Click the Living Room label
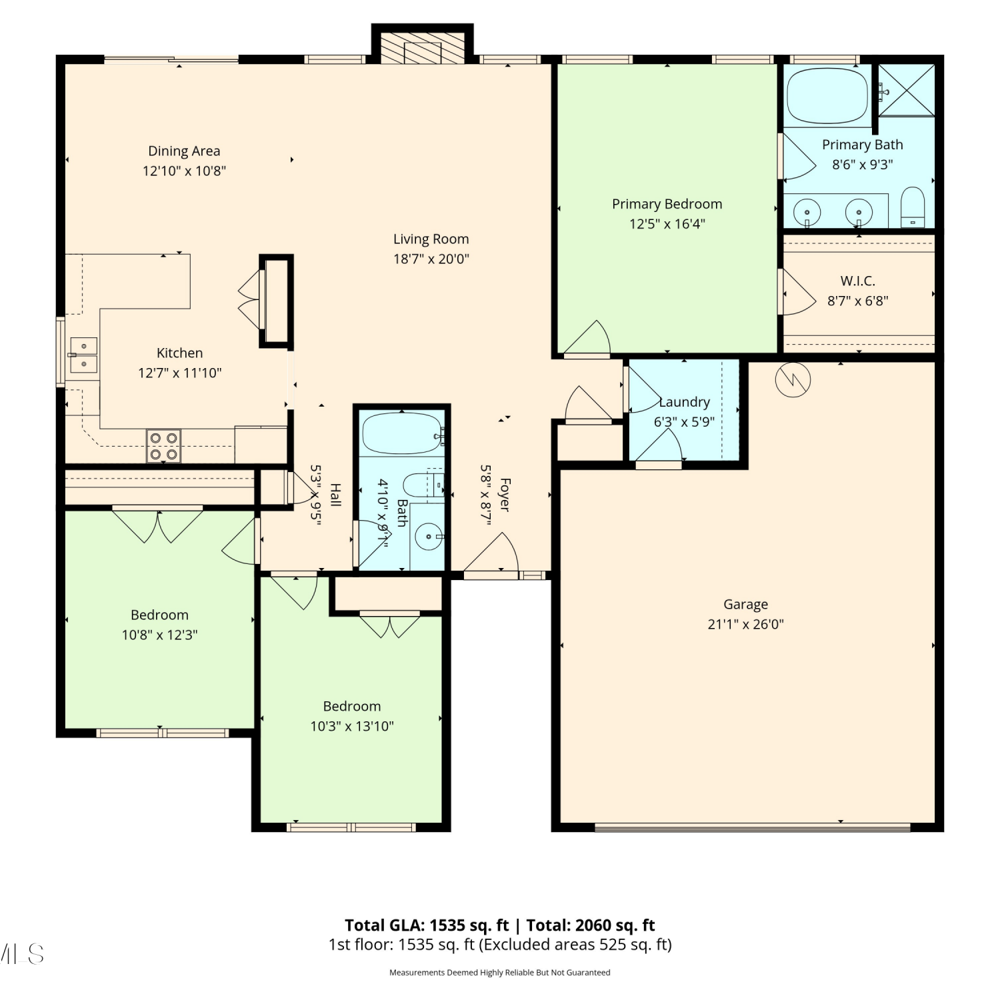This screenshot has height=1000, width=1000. (431, 239)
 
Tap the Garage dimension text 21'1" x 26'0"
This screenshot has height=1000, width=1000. (745, 625)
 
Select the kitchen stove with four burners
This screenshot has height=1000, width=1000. (163, 446)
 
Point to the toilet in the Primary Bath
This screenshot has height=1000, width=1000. (913, 207)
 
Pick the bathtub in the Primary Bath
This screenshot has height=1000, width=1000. (827, 96)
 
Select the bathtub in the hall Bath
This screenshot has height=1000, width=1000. (402, 434)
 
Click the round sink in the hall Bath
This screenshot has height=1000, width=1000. (428, 535)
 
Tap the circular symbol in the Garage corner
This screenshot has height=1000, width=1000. (793, 380)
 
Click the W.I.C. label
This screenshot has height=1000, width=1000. (857, 281)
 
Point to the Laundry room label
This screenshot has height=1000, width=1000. (684, 402)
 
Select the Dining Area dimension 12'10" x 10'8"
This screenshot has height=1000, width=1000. (184, 171)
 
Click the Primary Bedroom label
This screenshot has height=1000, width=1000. (667, 204)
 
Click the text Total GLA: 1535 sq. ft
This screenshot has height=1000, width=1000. (427, 925)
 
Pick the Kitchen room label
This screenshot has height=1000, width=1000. (179, 353)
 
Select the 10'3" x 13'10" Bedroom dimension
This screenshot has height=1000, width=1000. (352, 726)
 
